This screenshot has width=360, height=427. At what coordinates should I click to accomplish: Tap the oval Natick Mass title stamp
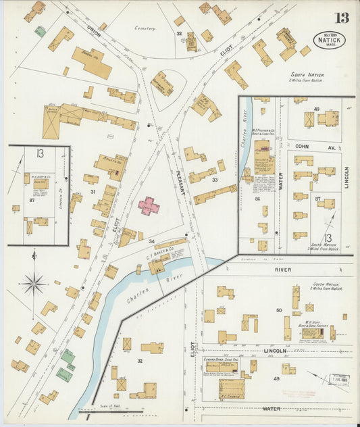tap(329, 40)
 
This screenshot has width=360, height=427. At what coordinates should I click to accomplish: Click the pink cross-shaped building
tap(149, 205)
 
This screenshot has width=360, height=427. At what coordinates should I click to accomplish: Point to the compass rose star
tap(32, 283)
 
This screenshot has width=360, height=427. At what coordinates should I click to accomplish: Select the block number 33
tap(214, 180)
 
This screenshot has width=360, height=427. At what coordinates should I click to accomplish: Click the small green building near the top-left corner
tap(41, 31)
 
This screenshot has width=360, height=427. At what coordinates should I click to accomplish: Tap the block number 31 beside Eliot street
tap(93, 192)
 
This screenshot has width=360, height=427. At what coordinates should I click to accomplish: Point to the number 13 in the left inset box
tap(40, 154)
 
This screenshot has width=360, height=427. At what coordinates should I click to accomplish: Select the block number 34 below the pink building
tap(152, 241)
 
